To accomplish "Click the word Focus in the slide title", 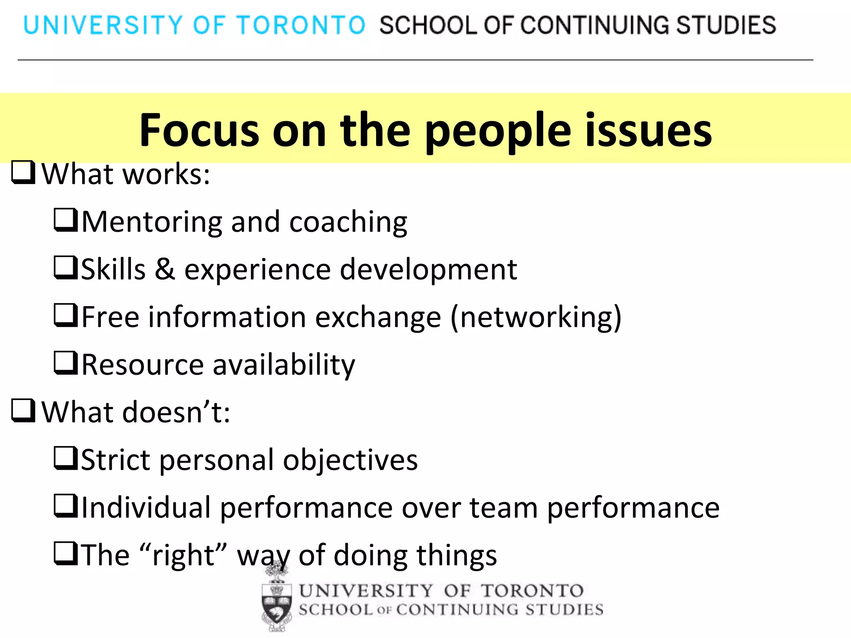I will (199, 130).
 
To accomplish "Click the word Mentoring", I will (152, 222).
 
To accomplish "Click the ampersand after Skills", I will (165, 269).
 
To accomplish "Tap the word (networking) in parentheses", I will (536, 317).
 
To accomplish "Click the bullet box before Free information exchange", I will (66, 316).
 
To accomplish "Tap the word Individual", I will (146, 508).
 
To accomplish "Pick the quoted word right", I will (183, 556).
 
